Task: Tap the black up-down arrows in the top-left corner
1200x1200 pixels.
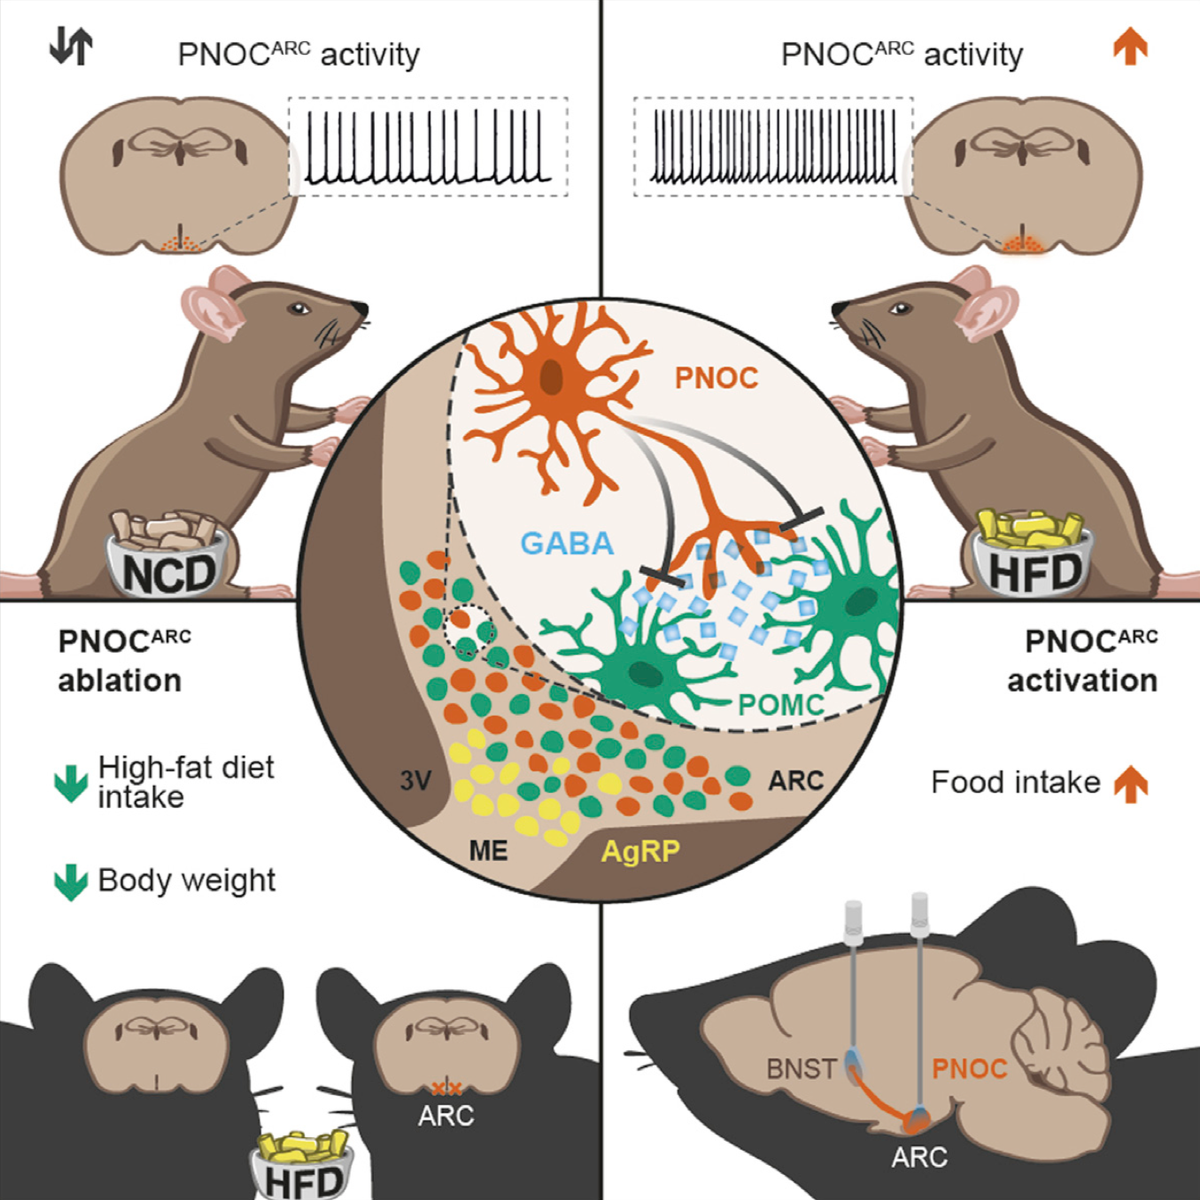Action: click(70, 48)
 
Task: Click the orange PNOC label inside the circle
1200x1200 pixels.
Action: click(716, 378)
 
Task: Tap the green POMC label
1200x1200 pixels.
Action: click(781, 704)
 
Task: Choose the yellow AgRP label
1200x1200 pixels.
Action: click(640, 852)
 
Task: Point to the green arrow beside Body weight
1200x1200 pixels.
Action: click(70, 882)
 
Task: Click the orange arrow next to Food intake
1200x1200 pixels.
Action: click(1131, 783)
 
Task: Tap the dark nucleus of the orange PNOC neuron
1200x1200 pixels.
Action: click(551, 378)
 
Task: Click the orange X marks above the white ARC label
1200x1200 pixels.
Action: click(446, 1088)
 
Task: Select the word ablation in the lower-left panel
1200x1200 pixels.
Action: click(119, 681)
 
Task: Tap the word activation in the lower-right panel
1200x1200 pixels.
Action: click(1082, 681)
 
